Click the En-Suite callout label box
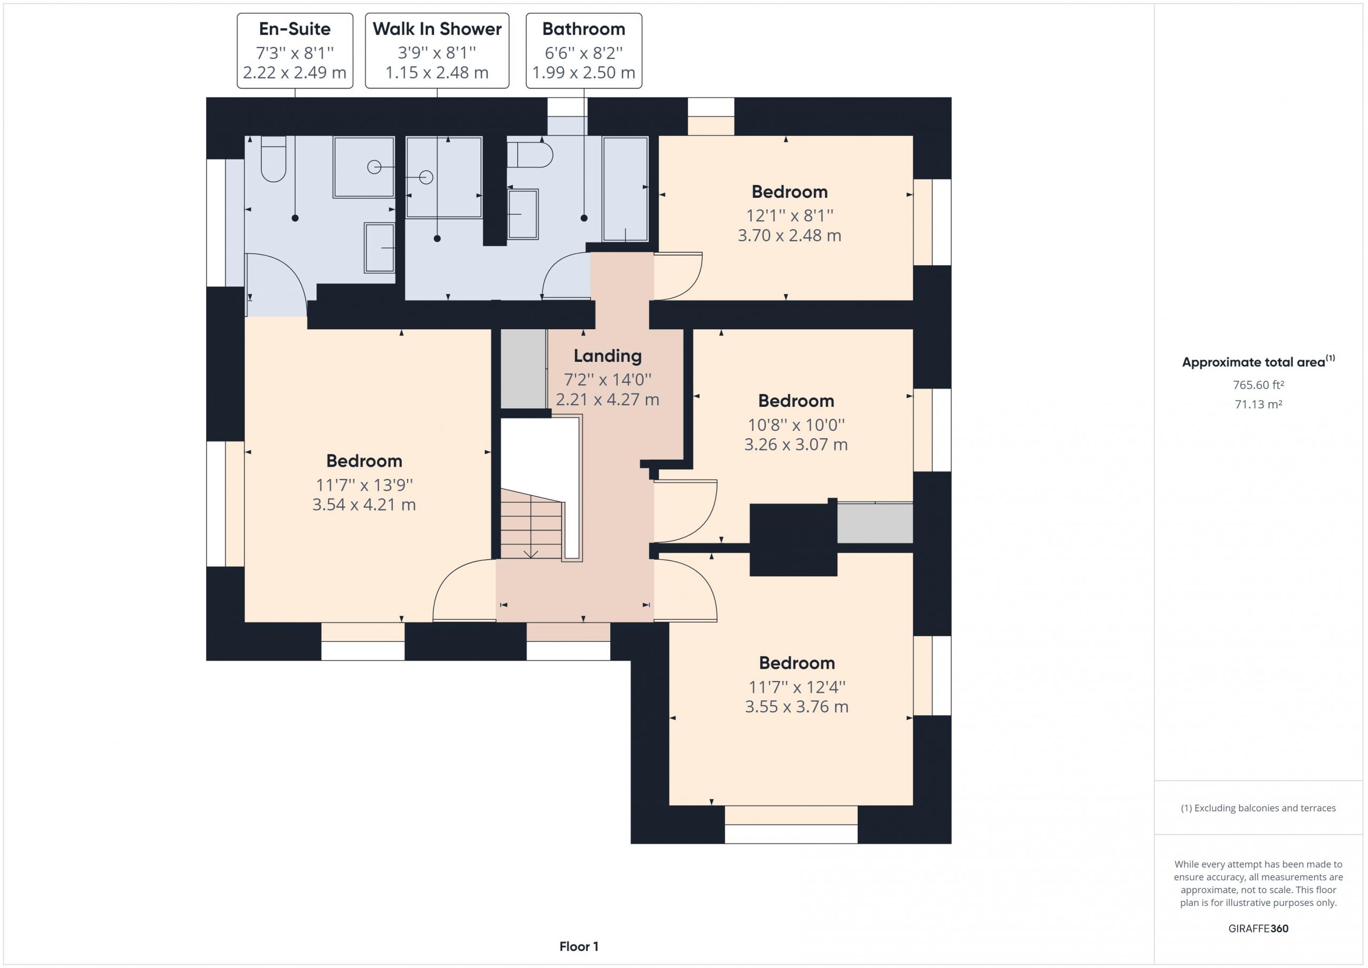click(x=295, y=51)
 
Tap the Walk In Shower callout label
click(x=437, y=51)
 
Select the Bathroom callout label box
click(x=584, y=51)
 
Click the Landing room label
click(x=608, y=356)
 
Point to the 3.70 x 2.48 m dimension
click(x=789, y=235)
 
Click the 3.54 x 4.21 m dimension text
click(x=364, y=505)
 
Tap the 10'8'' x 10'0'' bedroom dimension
click(x=796, y=424)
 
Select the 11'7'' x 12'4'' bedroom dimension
click(x=797, y=687)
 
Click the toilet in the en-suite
click(x=274, y=159)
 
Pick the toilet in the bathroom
click(x=530, y=155)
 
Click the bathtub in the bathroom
click(x=625, y=189)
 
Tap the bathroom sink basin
click(x=523, y=214)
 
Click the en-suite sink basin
click(x=379, y=248)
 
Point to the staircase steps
click(x=531, y=523)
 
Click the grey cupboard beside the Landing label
click(x=524, y=368)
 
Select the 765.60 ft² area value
click(x=1258, y=385)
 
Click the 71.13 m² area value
click(x=1258, y=404)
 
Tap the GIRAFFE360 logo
click(x=1258, y=928)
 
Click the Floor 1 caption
click(x=579, y=947)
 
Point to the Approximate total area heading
click(x=1258, y=361)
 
